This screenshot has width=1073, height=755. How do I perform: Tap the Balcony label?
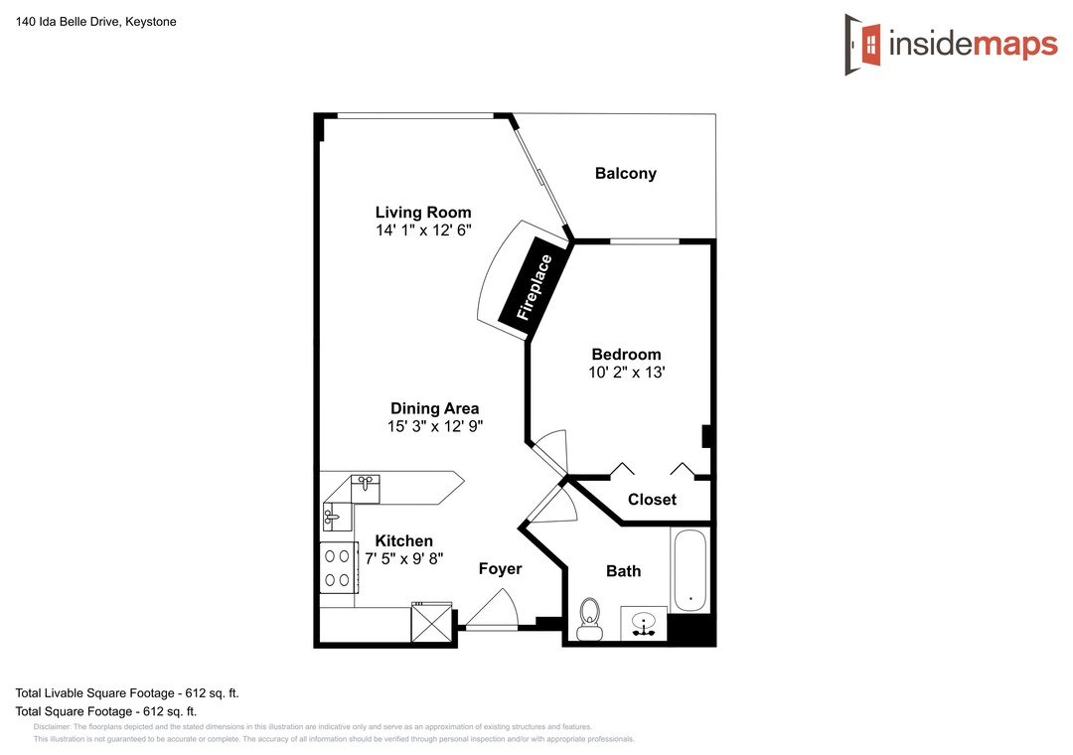point(626,174)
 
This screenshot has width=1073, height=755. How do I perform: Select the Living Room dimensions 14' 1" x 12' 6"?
point(423,230)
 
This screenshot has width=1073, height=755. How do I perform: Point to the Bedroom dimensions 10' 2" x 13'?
point(627,373)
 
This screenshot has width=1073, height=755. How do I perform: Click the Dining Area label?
point(434,408)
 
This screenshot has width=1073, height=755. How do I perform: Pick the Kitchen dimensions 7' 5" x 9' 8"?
point(403,559)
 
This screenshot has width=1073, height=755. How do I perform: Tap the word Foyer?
point(500,569)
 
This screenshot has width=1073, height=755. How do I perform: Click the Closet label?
point(652,500)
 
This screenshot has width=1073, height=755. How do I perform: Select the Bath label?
point(623,571)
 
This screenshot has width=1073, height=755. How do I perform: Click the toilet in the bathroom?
point(589,619)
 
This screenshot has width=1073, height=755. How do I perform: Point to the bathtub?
point(690,570)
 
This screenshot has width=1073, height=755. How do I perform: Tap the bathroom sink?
point(643,624)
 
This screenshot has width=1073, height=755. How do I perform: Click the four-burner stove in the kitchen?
point(338,567)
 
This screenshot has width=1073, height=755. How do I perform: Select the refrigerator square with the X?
point(432,622)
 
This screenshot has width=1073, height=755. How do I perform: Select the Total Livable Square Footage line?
point(127,693)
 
